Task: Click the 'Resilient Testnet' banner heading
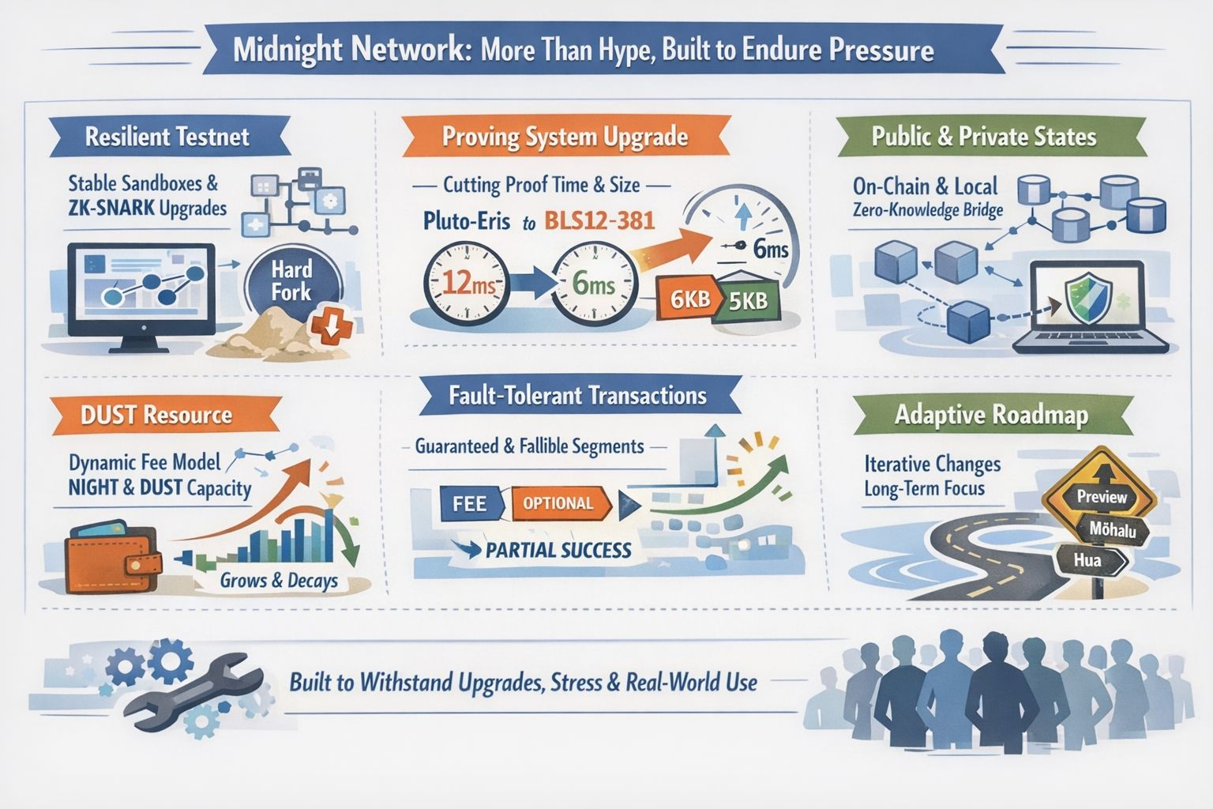pos(167,137)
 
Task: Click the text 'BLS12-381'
pos(599,220)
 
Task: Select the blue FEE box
pos(469,503)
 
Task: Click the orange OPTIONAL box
pos(559,503)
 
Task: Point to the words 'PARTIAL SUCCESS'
pos(558,550)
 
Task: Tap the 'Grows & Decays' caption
pos(279,581)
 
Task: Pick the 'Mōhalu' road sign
pos(1113,530)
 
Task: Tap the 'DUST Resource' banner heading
pos(156,416)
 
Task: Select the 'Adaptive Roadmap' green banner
pos(991,416)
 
